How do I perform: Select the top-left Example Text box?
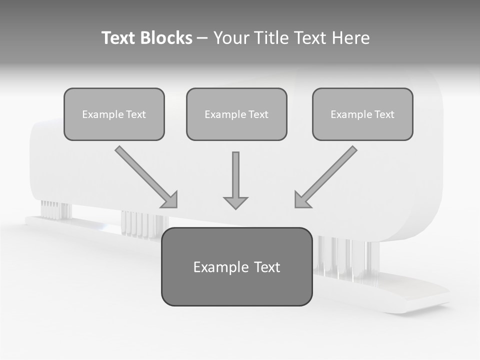coord(114,114)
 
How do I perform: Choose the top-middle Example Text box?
coord(236,114)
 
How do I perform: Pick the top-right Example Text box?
coord(362,114)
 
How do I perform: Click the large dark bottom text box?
coord(236,266)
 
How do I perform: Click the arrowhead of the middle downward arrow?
coord(235,202)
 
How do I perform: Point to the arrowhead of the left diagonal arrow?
coord(170,200)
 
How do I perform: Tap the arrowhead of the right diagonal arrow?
coord(302,200)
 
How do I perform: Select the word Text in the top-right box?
coord(384,114)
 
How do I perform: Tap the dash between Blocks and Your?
coord(202,38)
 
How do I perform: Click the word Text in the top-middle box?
coord(258,114)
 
